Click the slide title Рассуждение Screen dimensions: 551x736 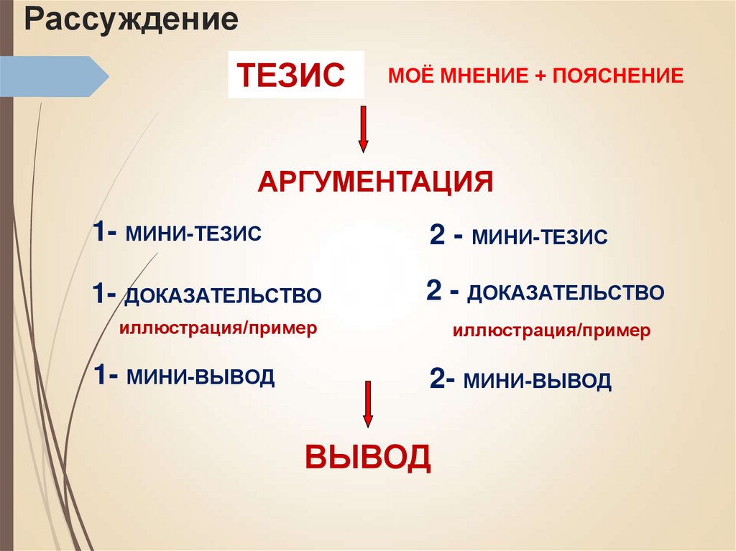pos(132,19)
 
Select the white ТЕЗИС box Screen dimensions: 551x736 pos(295,75)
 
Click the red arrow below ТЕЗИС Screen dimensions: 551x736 pos(364,129)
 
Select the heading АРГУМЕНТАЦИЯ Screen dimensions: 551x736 pos(375,182)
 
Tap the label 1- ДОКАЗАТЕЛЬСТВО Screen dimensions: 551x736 pos(206,295)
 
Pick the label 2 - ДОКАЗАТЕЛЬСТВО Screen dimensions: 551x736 pos(545,292)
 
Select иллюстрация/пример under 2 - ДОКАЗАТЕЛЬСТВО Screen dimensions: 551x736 pos(551,331)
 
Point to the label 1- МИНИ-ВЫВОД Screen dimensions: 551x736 pos(183,376)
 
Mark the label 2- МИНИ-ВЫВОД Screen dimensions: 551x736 pos(520,380)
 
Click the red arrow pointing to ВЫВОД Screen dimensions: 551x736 pos(368,404)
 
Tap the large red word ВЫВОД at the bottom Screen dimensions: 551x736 pos(368,456)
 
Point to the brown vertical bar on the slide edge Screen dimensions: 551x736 pos(6,287)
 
